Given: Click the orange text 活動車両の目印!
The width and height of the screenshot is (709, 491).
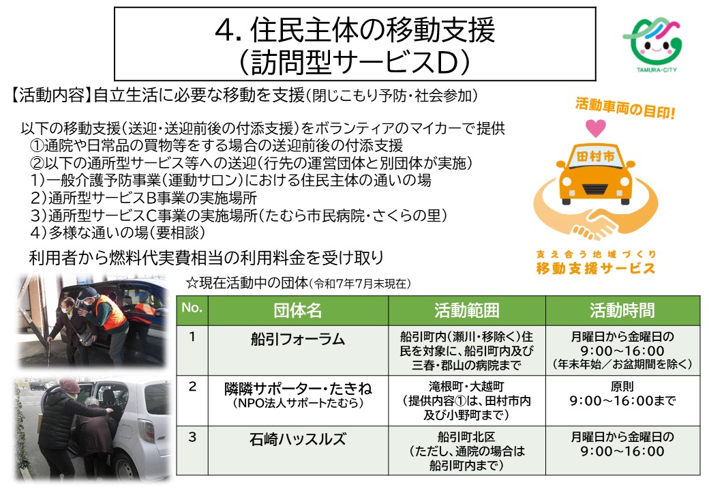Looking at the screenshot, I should coord(625,106).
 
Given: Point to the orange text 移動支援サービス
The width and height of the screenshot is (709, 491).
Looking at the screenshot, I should coord(596,267).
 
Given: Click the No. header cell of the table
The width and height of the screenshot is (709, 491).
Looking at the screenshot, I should coord(192,310).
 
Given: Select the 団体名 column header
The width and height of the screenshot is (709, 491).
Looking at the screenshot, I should coord(297,310).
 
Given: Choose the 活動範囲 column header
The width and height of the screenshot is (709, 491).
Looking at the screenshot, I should coord(467,310).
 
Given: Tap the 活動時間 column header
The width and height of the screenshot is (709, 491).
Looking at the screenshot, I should coord(622,310).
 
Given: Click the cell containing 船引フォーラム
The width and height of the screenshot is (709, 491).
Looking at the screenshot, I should coord(298,339).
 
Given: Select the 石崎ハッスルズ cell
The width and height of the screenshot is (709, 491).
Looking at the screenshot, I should coord(298,438).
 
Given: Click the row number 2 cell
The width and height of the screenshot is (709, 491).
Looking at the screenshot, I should coord(192,387).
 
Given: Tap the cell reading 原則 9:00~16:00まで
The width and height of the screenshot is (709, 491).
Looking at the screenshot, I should coord(622,395).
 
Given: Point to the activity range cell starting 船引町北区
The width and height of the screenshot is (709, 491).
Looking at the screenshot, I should coord(467,451).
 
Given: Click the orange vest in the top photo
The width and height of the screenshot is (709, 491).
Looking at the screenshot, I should coord(110,311).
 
